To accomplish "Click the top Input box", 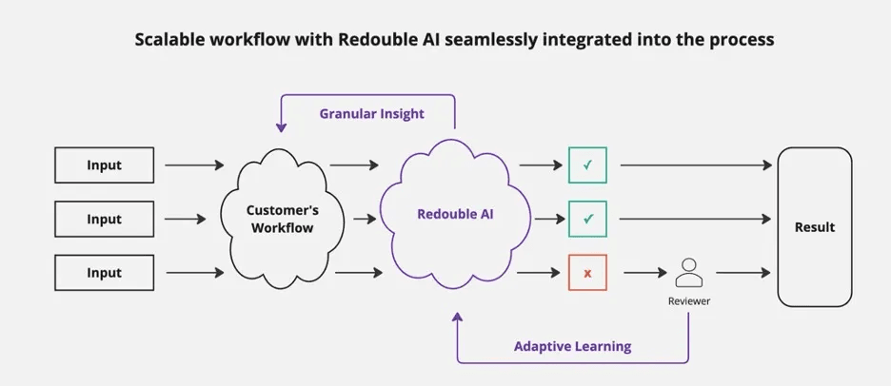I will pyautogui.click(x=104, y=165).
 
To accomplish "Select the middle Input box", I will pyautogui.click(x=104, y=220).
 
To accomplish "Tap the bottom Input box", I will pyautogui.click(x=104, y=273).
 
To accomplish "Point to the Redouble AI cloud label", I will pyautogui.click(x=455, y=214).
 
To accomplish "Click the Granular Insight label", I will pyautogui.click(x=371, y=114).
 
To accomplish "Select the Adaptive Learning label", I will pyautogui.click(x=572, y=346).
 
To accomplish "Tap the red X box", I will pyautogui.click(x=587, y=273).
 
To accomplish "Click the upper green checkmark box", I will pyautogui.click(x=587, y=165).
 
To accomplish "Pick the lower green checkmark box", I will pyautogui.click(x=587, y=220).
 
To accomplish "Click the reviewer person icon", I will pyautogui.click(x=687, y=273).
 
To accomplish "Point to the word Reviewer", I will pyautogui.click(x=687, y=300).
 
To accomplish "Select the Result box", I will pyautogui.click(x=814, y=226).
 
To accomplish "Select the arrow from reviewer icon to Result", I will pyautogui.click(x=743, y=273).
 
